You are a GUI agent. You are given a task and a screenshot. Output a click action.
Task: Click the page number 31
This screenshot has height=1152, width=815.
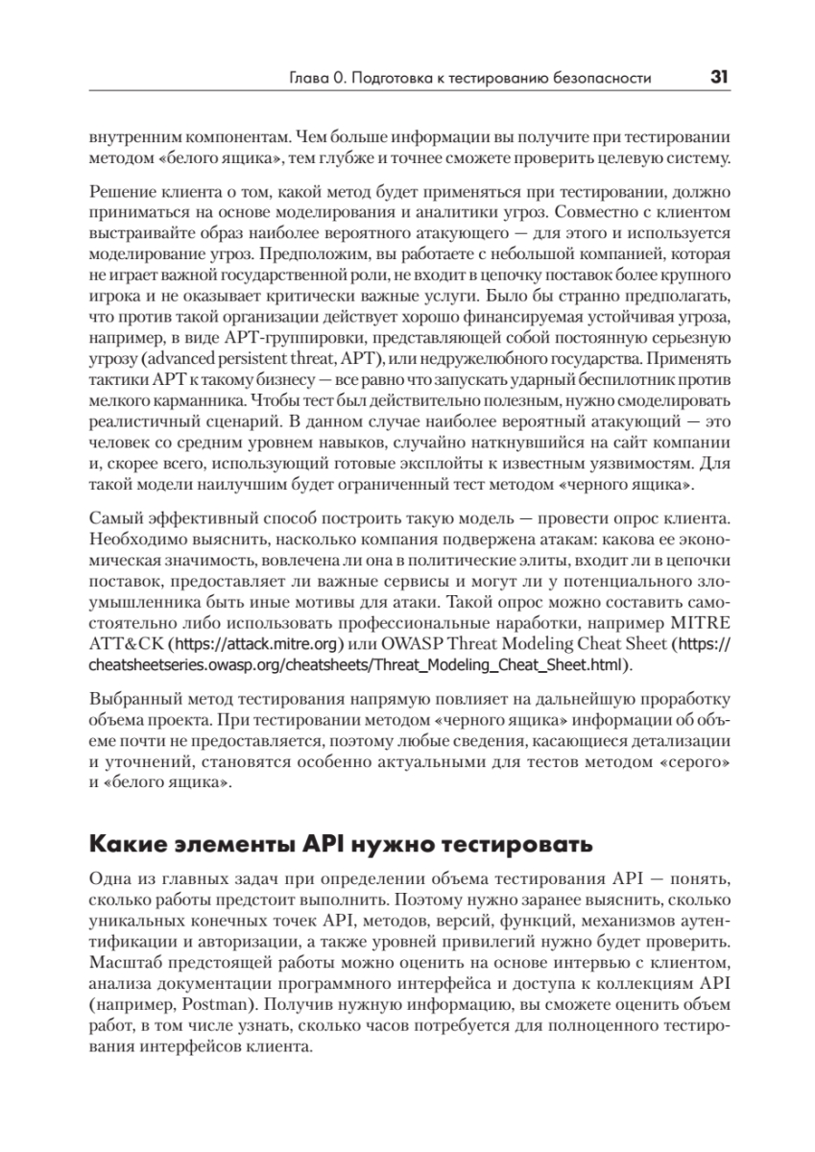tap(719, 78)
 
